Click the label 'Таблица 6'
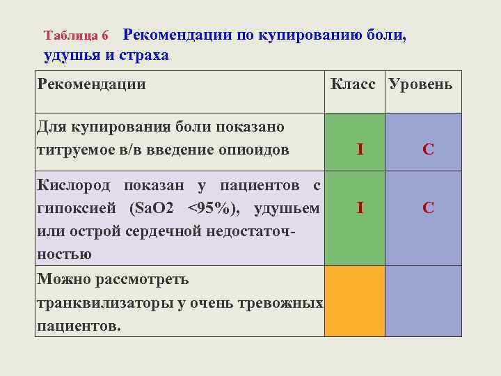77,35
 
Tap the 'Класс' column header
353,84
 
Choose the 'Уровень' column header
421,84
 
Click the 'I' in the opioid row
359,149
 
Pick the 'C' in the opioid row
429,149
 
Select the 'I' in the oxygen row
359,207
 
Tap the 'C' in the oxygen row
429,207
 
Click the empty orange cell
355,301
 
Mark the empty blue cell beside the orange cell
423,301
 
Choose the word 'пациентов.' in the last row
79,325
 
